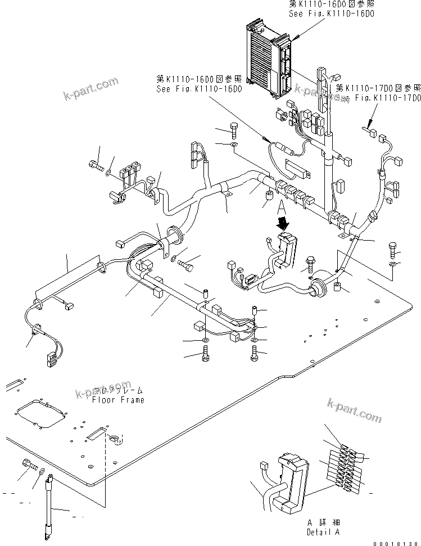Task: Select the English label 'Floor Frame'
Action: [x=118, y=400]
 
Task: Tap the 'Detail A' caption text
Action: [x=323, y=531]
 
